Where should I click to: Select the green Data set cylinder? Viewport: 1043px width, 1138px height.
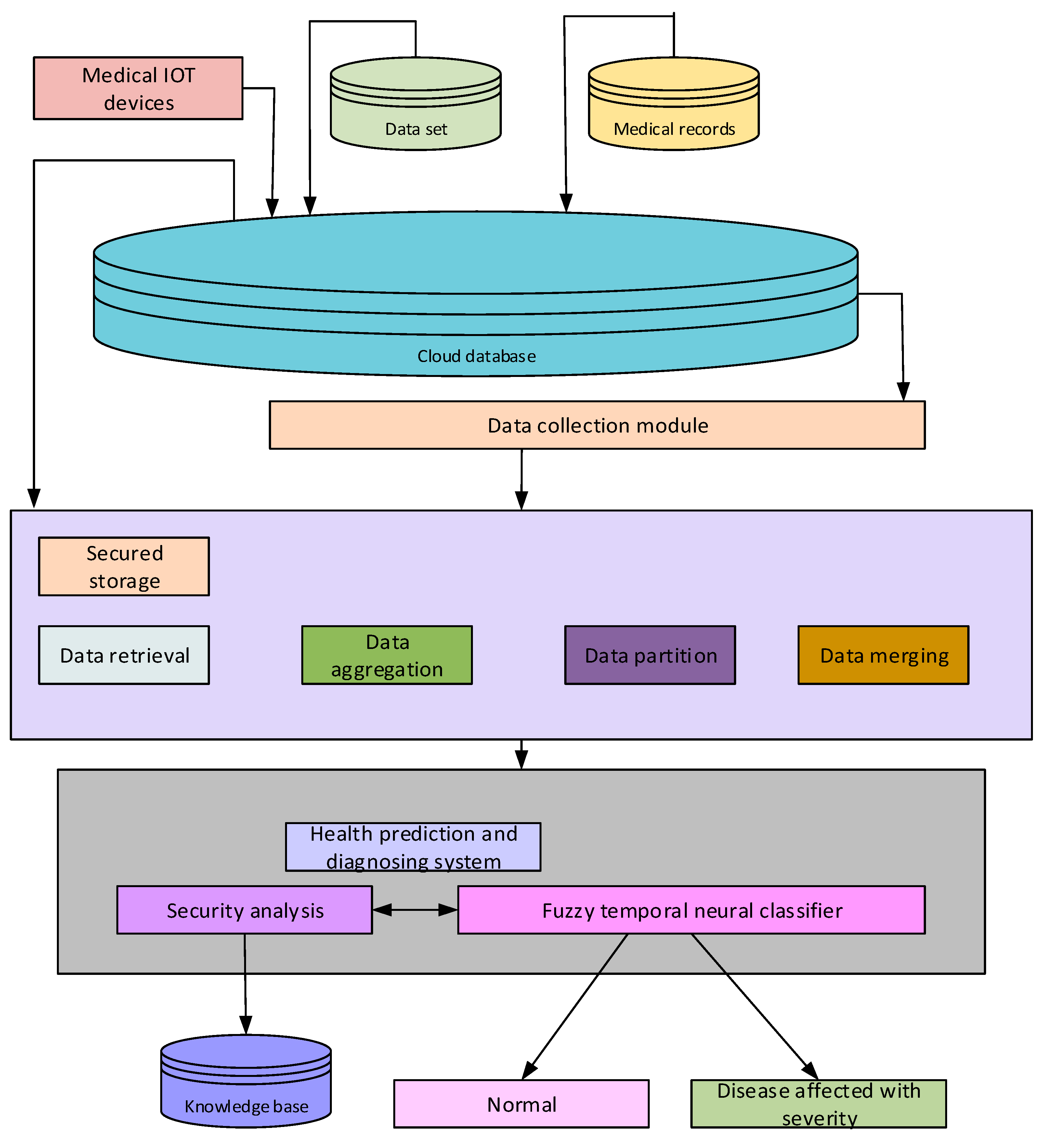[x=416, y=113]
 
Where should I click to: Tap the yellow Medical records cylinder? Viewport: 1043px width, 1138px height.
[x=674, y=113]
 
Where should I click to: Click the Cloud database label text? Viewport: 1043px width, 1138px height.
[x=476, y=356]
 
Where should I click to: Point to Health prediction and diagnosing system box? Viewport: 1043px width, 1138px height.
[x=413, y=847]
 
